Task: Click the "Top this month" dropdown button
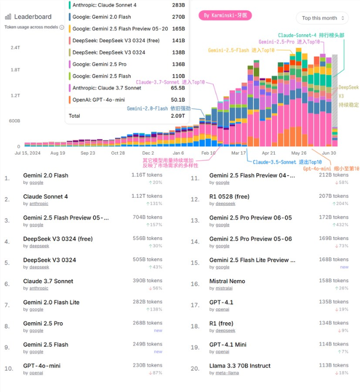[322, 18]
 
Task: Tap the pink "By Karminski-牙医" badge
[225, 16]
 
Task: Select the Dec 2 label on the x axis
[148, 153]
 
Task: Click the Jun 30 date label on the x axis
[329, 153]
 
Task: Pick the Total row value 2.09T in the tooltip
[178, 116]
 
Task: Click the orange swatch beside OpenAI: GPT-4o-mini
[69, 99]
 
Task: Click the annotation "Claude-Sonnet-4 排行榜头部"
[311, 35]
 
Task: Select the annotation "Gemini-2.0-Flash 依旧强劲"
[159, 108]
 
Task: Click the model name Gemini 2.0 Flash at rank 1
[45, 175]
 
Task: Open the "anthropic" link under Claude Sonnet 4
[39, 204]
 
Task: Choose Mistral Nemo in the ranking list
[227, 281]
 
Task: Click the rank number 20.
[195, 369]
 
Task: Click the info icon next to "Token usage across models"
[61, 27]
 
